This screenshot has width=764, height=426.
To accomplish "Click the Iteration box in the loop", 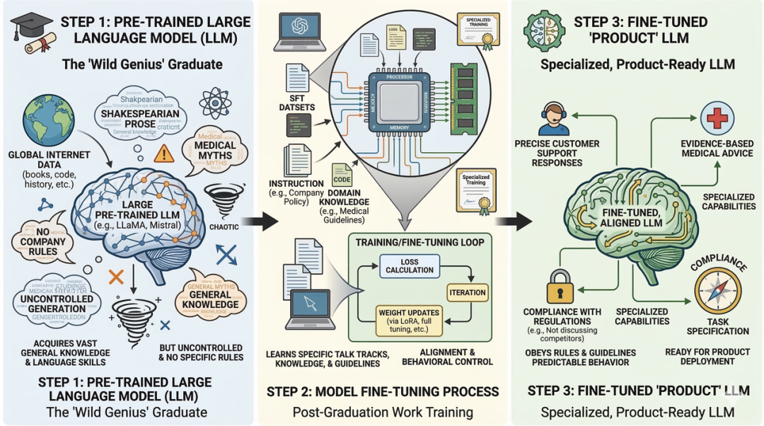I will tap(467, 292).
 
